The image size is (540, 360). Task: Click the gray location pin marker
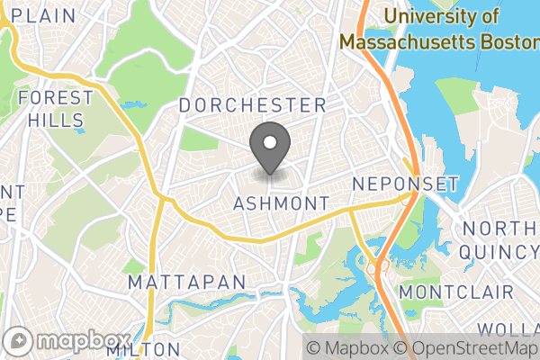pos(269,149)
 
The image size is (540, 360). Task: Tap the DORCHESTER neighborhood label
pos(252,105)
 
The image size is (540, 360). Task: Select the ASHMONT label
pos(281,204)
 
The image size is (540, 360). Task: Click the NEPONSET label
pos(406,184)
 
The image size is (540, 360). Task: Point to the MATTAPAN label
pos(186,283)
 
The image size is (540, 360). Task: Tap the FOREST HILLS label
pos(55,108)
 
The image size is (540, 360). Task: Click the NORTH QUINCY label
pos(499,240)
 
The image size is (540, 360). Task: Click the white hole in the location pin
pos(269,141)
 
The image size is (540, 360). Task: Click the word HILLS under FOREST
pos(55,120)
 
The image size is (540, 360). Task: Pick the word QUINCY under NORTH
pos(499,252)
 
